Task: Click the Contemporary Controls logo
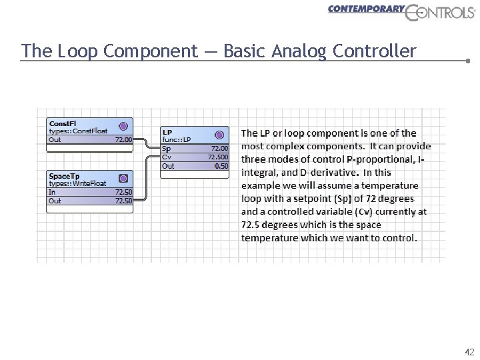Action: point(401,12)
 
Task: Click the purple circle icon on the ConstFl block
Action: point(123,125)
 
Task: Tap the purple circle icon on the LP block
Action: point(219,135)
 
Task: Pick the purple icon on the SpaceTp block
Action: point(123,178)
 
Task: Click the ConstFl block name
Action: point(63,123)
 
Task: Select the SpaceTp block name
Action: point(64,176)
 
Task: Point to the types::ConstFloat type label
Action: point(78,131)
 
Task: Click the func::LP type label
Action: point(177,140)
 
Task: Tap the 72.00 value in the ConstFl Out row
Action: point(123,140)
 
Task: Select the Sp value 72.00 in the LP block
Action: point(219,148)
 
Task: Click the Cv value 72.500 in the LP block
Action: point(218,157)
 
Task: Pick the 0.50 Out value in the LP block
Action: point(221,166)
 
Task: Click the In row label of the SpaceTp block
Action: point(52,192)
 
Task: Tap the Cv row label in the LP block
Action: point(166,157)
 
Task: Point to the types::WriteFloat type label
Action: point(77,184)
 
